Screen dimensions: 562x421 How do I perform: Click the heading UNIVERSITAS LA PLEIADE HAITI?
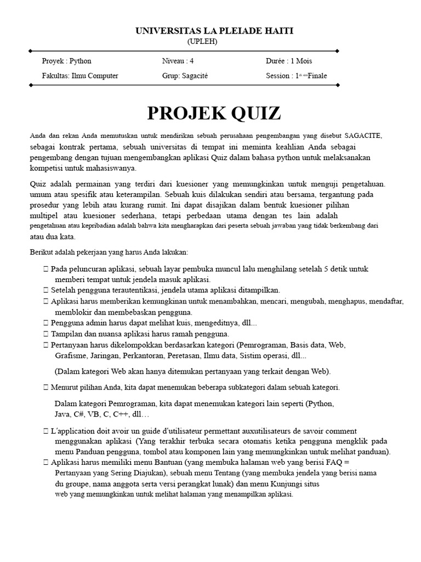click(214, 31)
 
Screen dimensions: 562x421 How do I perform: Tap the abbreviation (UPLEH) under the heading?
click(202, 41)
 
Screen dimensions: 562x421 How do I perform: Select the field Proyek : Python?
click(67, 61)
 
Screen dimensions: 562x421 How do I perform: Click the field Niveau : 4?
click(178, 61)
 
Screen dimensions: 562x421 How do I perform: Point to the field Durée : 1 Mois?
click(289, 61)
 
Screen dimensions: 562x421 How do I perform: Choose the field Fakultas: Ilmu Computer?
click(80, 76)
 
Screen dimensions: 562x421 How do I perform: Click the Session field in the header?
click(297, 76)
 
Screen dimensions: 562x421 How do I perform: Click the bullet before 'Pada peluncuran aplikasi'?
click(45, 269)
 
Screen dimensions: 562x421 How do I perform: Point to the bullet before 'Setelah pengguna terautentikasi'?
click(45, 290)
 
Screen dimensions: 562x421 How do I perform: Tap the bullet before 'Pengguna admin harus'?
click(45, 323)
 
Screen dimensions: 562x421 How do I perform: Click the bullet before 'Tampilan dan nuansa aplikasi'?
click(45, 334)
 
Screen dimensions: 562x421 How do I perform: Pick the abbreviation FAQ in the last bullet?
click(335, 463)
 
